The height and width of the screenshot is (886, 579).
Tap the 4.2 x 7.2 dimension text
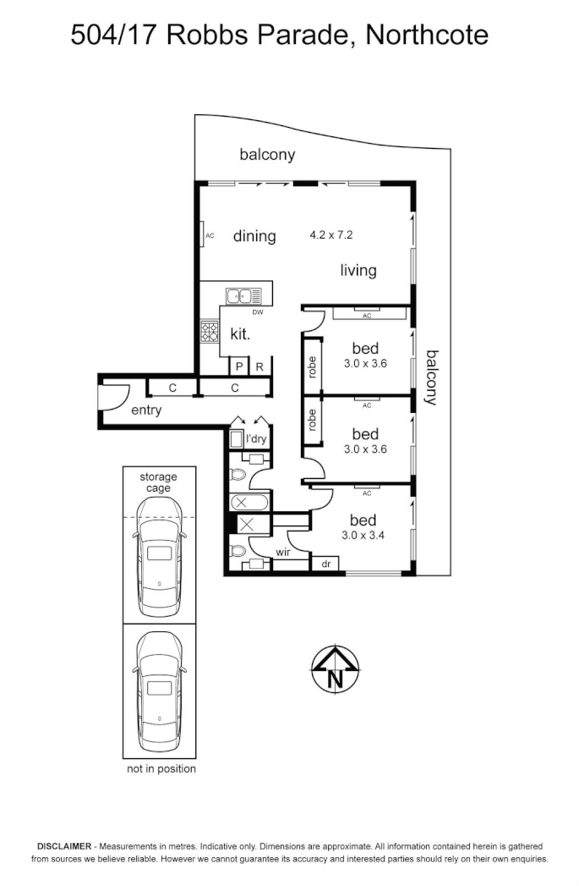331,235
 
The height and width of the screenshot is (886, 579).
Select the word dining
254,236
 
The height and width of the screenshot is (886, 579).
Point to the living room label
358,271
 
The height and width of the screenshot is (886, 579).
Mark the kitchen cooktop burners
209,332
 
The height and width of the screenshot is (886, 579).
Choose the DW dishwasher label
258,313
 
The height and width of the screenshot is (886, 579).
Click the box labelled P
239,366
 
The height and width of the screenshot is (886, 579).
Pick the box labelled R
260,366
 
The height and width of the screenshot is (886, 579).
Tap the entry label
146,410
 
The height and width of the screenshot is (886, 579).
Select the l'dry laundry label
256,439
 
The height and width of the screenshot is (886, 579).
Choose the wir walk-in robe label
283,553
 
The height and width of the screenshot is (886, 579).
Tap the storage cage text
159,482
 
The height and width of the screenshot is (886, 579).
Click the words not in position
161,768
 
